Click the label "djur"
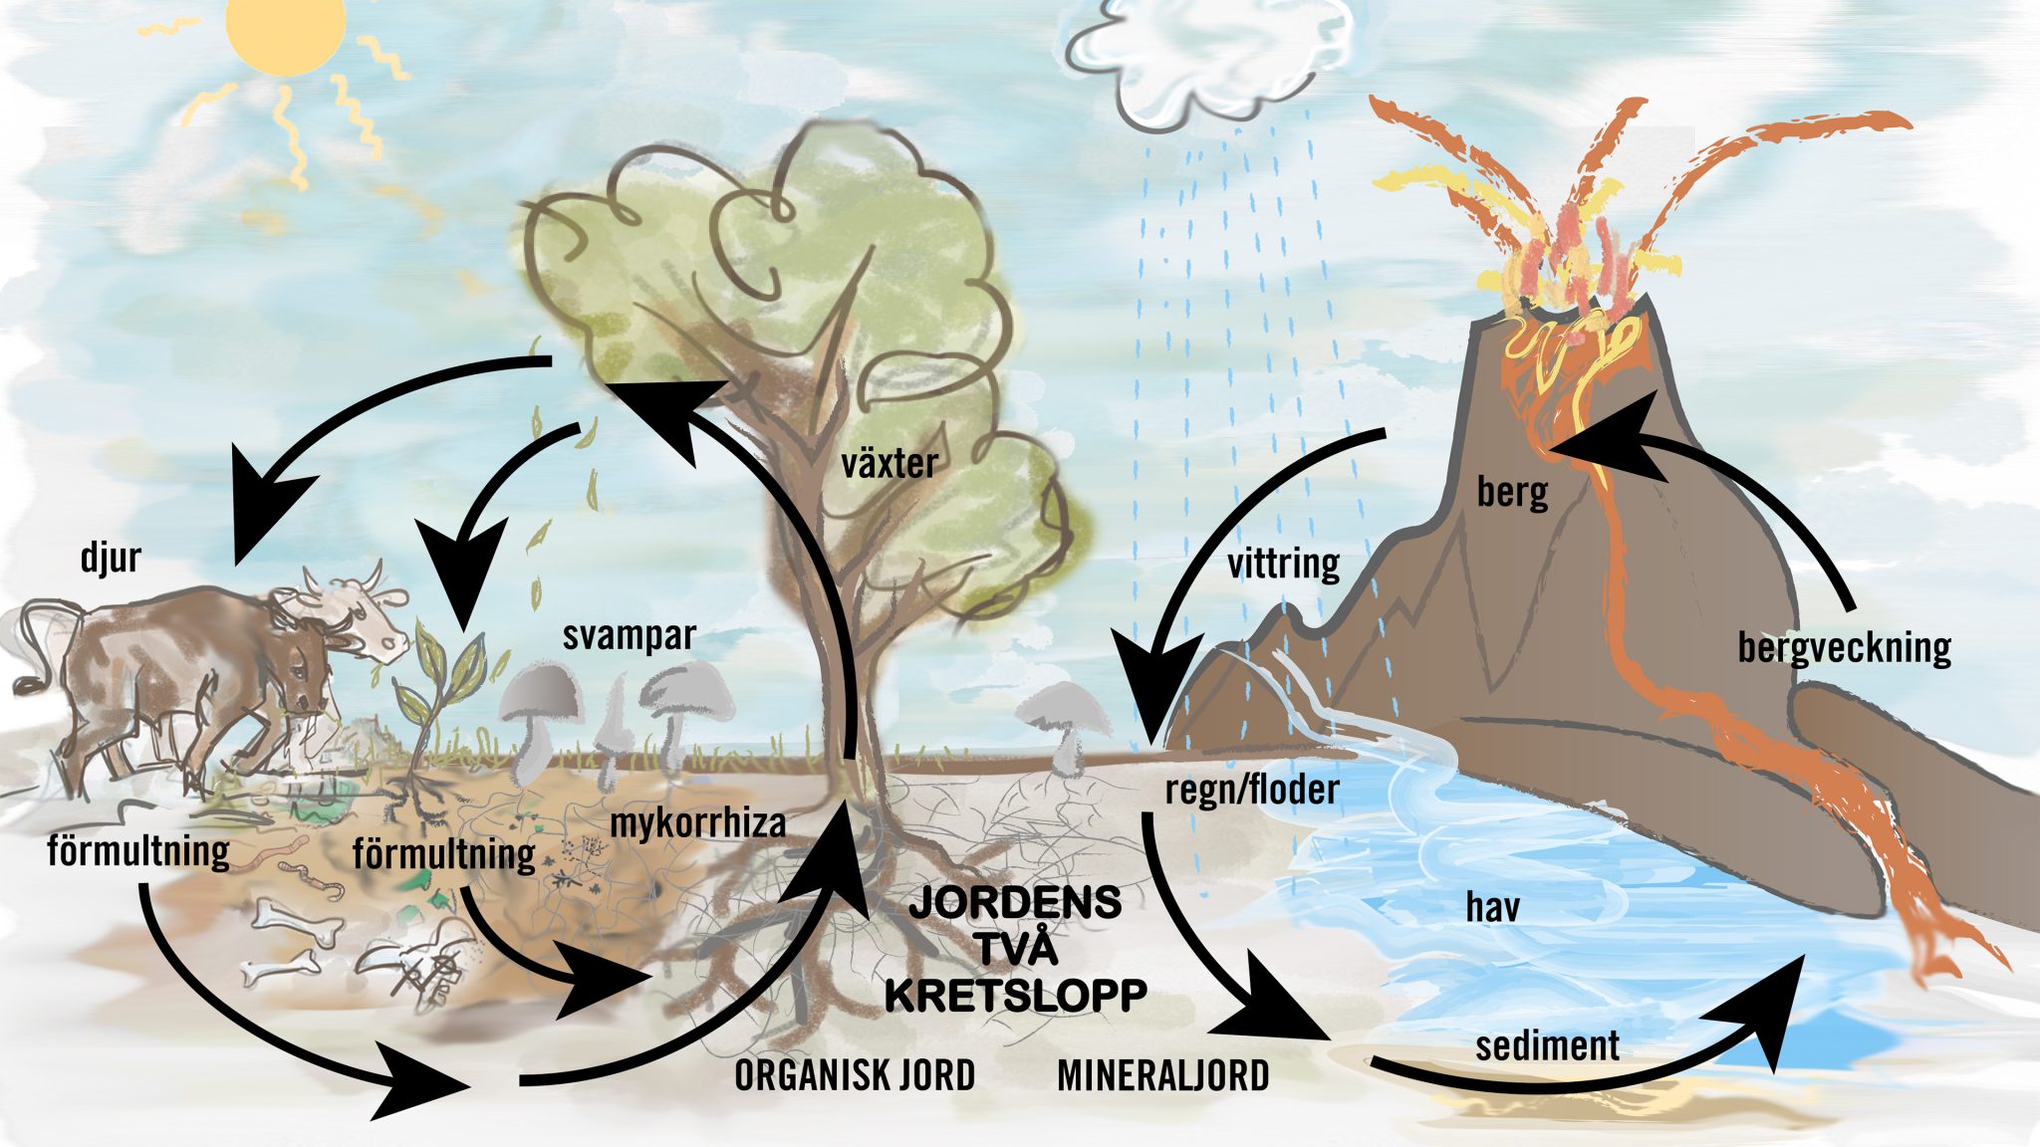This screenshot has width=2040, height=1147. click(x=111, y=558)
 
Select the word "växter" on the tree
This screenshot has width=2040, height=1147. click(x=890, y=463)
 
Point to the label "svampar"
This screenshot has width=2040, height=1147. click(x=629, y=636)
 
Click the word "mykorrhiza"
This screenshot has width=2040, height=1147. click(x=697, y=823)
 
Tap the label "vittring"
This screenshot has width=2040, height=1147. click(x=1283, y=564)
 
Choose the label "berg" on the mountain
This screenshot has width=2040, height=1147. click(x=1512, y=492)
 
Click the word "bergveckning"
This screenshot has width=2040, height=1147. click(x=1844, y=648)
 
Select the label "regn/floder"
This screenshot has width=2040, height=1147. click(x=1252, y=790)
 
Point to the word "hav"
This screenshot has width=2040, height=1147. click(x=1492, y=907)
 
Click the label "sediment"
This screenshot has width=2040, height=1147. click(x=1547, y=1045)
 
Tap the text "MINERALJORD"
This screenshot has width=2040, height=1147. click(x=1162, y=1075)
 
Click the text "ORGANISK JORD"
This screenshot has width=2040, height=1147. click(x=855, y=1075)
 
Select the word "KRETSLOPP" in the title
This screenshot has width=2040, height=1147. click(x=1016, y=996)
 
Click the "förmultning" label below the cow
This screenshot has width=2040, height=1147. click(x=138, y=852)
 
